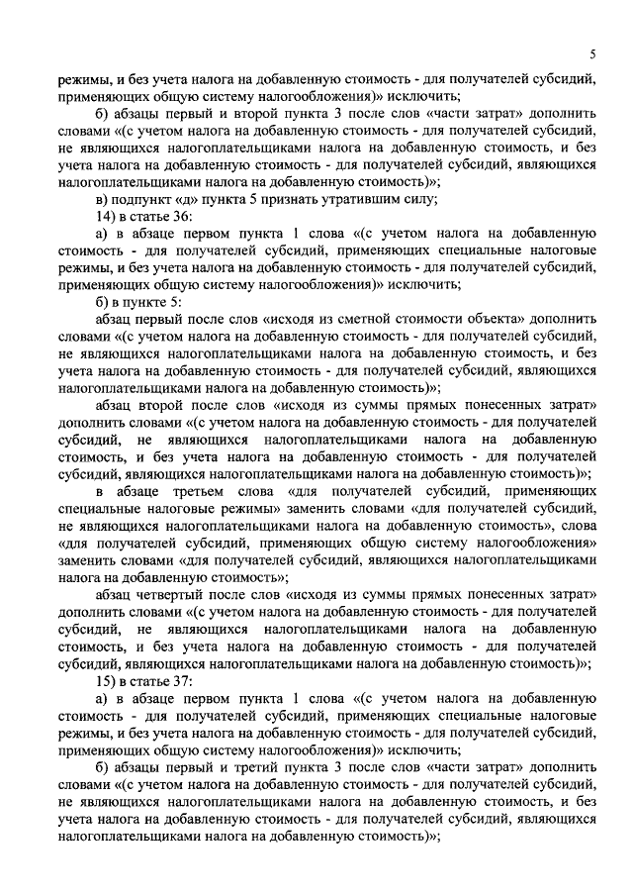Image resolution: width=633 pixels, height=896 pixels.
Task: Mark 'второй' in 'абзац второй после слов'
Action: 176,405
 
